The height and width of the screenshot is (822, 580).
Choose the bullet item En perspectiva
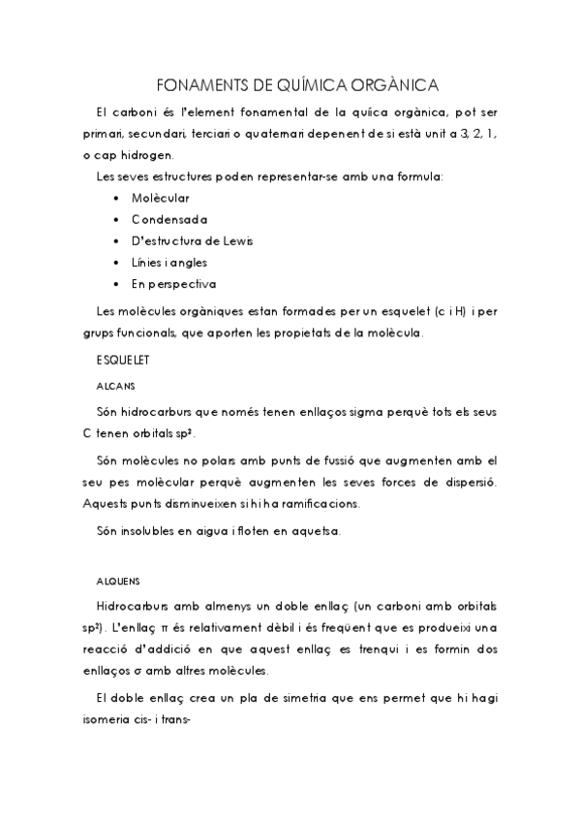tap(174, 284)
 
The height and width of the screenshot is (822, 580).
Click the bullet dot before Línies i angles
tap(115, 263)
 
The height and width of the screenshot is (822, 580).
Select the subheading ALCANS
tap(115, 385)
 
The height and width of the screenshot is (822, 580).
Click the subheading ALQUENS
tap(119, 582)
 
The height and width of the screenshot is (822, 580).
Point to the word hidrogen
tap(148, 155)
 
